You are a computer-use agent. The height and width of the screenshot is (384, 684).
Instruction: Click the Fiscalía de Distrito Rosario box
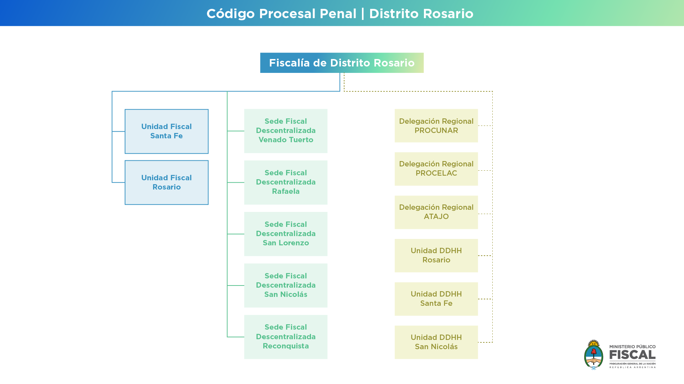[x=342, y=63]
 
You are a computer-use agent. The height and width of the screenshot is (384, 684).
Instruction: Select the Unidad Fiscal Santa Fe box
[x=166, y=132]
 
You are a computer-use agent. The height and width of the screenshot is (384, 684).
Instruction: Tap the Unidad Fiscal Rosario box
[x=166, y=182]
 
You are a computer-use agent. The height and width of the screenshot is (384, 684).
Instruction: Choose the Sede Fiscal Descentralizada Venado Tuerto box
[x=286, y=131]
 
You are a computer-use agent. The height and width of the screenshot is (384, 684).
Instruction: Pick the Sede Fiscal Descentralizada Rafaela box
[x=286, y=182]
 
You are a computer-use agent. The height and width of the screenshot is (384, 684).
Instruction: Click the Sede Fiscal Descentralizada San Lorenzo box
[x=286, y=234]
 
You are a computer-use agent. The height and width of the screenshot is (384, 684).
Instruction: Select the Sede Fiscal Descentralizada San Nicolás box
[x=286, y=286]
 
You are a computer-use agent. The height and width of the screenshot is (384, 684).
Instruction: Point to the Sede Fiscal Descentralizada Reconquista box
[x=286, y=337]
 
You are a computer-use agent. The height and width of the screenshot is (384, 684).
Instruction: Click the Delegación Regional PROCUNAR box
[x=436, y=126]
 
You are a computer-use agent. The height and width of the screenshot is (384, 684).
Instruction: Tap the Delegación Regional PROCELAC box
[x=436, y=169]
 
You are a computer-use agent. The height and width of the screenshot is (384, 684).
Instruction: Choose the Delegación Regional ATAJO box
[x=436, y=212]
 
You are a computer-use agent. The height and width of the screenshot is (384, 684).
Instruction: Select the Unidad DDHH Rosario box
[x=436, y=256]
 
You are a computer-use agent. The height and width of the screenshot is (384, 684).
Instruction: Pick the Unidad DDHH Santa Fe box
[x=436, y=299]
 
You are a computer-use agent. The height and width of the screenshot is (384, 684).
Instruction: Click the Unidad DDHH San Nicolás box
[x=436, y=342]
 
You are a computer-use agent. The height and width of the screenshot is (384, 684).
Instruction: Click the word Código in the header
[x=230, y=14]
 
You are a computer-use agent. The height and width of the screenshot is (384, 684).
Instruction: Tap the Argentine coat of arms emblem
[x=594, y=354]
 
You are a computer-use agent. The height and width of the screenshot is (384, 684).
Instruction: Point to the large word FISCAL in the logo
[x=632, y=355]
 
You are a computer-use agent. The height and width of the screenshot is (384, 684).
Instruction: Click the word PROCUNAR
[x=436, y=130]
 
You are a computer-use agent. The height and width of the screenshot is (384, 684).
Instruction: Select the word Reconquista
[x=286, y=346]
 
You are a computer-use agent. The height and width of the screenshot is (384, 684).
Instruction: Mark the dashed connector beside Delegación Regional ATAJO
[x=485, y=214]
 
